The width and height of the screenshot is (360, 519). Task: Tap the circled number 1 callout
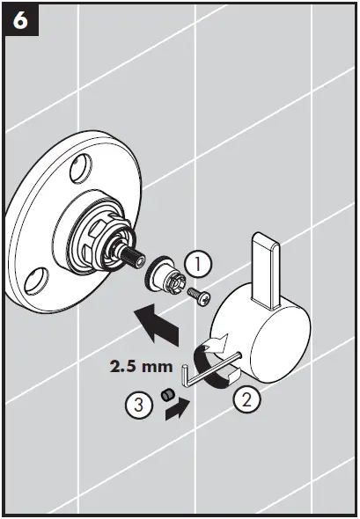[198, 263]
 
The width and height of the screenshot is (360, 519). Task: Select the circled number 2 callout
[247, 401]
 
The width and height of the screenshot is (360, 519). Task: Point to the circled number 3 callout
[136, 406]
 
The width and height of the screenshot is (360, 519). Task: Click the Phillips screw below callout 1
[201, 296]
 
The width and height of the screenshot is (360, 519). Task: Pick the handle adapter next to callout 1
[166, 278]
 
